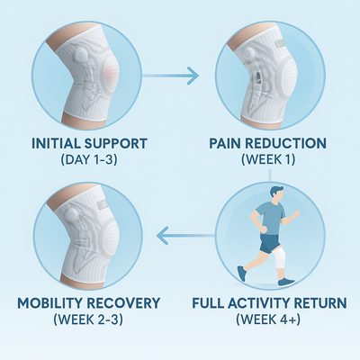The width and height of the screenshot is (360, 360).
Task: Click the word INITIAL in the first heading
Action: [60, 142]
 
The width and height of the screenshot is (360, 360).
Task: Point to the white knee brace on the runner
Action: [281, 258]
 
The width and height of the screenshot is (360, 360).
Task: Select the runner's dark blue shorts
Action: [269, 241]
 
